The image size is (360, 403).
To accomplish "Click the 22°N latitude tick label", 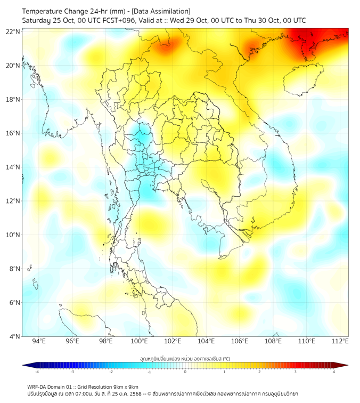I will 13,31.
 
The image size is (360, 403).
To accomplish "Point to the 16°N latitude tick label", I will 13,133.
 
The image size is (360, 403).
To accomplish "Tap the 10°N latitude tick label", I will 13,235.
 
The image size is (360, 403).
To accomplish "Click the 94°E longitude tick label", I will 39,341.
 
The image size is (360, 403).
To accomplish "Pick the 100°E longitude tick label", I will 140,341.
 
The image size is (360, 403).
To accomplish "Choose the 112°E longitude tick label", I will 340,341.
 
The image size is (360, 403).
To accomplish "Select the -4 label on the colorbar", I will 37,372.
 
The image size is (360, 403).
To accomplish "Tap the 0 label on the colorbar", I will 185,372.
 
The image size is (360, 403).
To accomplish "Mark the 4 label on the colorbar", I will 333,372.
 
